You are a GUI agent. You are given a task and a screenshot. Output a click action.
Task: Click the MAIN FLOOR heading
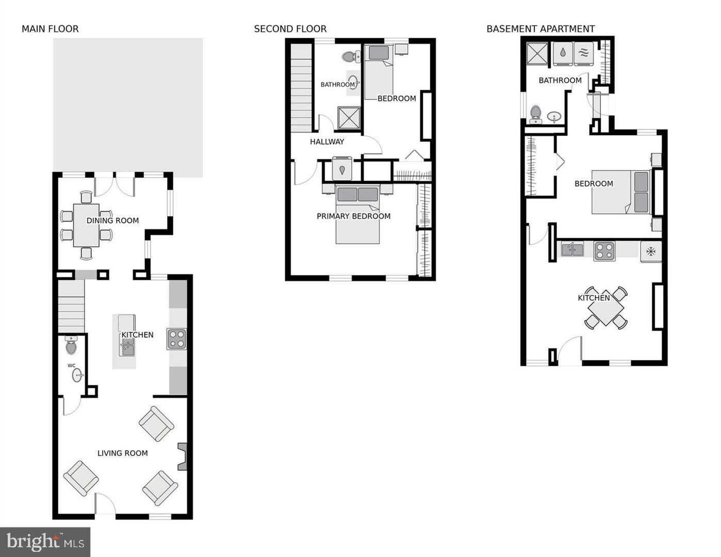(x=50, y=29)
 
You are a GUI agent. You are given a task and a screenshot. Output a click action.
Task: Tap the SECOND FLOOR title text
(x=290, y=29)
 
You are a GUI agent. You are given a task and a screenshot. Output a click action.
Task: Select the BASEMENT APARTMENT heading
(x=540, y=29)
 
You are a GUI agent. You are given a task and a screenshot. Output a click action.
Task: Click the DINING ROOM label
(x=112, y=221)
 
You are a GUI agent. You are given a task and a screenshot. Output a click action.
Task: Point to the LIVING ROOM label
(x=123, y=453)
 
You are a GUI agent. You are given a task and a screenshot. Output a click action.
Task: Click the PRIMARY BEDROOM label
(x=353, y=216)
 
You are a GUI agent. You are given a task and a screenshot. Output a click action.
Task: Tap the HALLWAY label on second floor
(x=327, y=142)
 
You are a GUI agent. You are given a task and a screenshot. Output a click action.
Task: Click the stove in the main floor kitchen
(x=176, y=339)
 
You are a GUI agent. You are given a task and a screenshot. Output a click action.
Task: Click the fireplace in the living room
(x=183, y=456)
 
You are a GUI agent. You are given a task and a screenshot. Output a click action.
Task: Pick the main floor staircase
(x=71, y=306)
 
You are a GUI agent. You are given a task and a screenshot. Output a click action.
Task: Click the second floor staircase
(x=302, y=88)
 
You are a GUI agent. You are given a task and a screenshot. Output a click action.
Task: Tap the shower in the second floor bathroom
(x=349, y=118)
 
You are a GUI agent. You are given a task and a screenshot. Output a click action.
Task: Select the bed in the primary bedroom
(x=357, y=214)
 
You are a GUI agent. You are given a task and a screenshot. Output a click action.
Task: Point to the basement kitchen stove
(x=604, y=251)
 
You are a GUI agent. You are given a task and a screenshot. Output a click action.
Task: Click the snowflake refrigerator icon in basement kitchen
(x=651, y=251)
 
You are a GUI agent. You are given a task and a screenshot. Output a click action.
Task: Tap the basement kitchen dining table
(x=606, y=308)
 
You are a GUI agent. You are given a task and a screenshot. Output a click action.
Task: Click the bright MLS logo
(x=45, y=542)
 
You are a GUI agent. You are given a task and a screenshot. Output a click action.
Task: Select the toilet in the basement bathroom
(x=536, y=114)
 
